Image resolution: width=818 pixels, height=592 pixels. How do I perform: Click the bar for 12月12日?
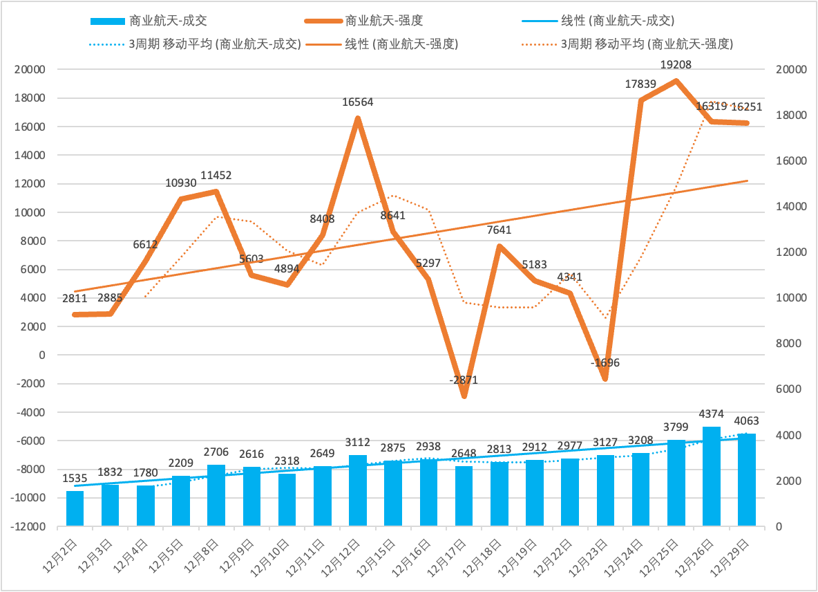tap(358, 490)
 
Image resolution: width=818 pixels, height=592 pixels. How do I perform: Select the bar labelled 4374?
tap(712, 477)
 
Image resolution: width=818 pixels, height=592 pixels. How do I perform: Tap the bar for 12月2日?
tap(75, 508)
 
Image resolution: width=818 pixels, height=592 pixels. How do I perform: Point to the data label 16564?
tap(358, 102)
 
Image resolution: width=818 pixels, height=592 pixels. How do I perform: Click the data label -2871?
tap(463, 380)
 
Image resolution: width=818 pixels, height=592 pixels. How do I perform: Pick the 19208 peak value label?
tap(676, 65)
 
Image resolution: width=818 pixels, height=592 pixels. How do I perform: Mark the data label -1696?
tap(605, 362)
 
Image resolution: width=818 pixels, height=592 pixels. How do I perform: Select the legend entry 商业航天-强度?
tap(383, 21)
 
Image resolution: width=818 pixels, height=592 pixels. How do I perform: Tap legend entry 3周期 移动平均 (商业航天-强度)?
tap(646, 44)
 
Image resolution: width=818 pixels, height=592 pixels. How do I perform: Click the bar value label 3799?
tap(676, 427)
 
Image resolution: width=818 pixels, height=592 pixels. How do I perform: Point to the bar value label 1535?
tap(75, 478)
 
